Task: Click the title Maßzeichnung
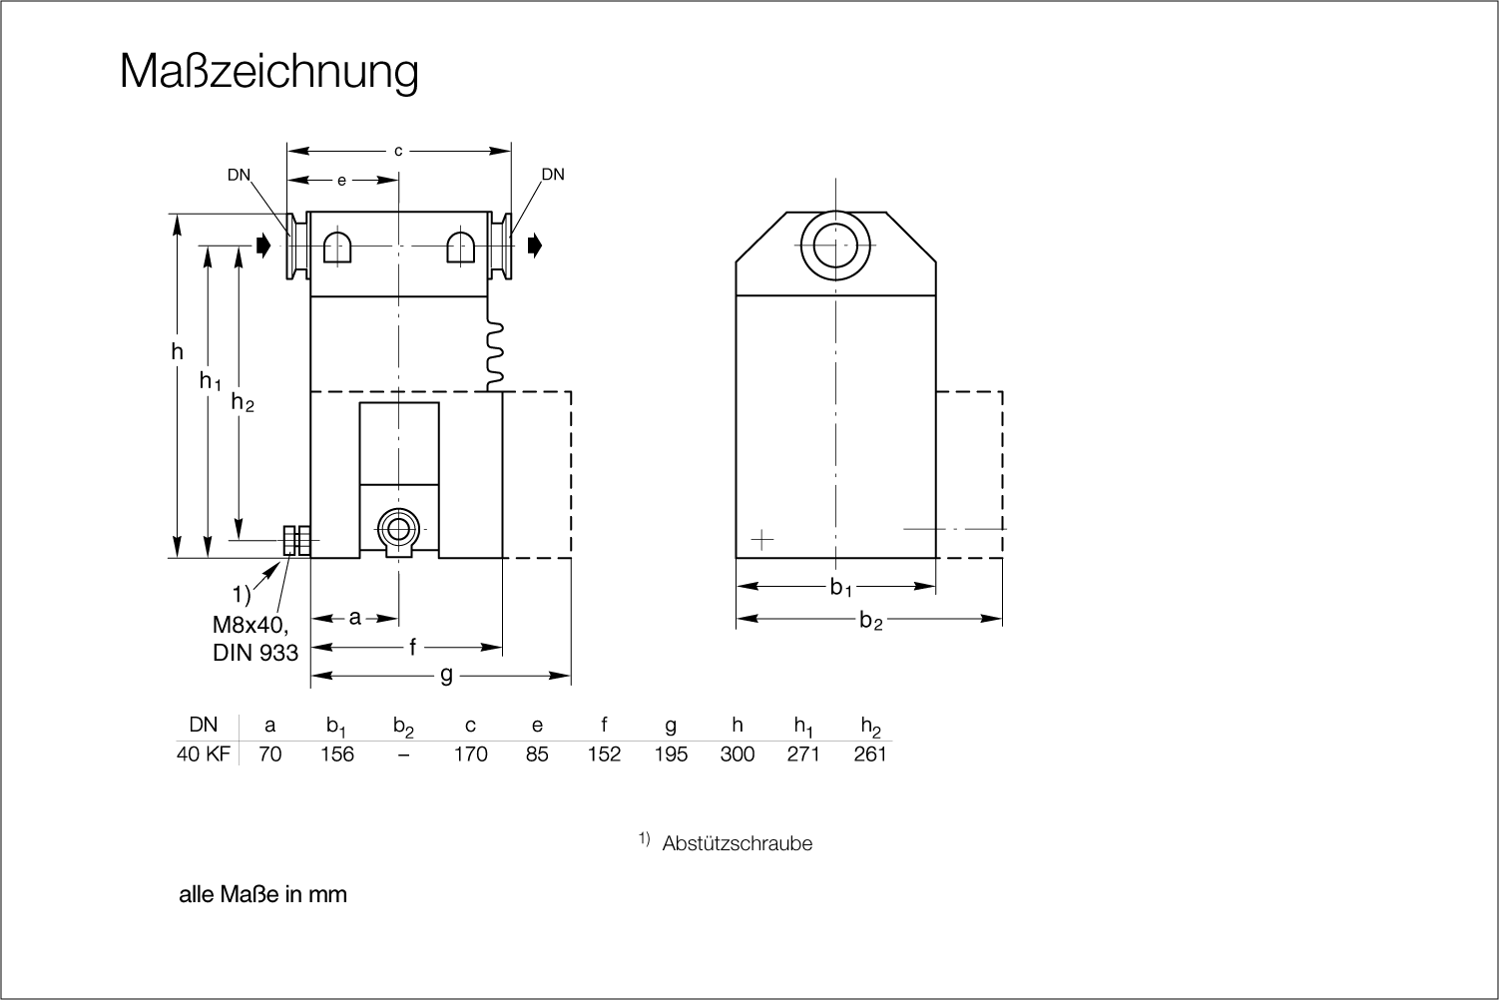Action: point(269,72)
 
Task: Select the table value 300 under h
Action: point(738,754)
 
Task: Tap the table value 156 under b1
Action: point(336,754)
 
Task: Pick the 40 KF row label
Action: point(204,754)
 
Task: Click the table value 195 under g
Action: point(671,754)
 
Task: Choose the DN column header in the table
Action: point(204,725)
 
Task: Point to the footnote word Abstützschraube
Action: point(737,843)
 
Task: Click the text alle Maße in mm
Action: point(263,894)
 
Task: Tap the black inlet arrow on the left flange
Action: point(263,246)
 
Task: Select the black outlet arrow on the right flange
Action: point(534,246)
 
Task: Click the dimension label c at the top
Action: point(398,152)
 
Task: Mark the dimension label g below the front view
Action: point(446,675)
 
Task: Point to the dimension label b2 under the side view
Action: point(870,621)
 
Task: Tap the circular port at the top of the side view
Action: point(835,246)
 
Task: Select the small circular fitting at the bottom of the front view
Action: point(399,530)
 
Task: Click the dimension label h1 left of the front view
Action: point(210,381)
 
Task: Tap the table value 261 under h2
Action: point(870,754)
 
